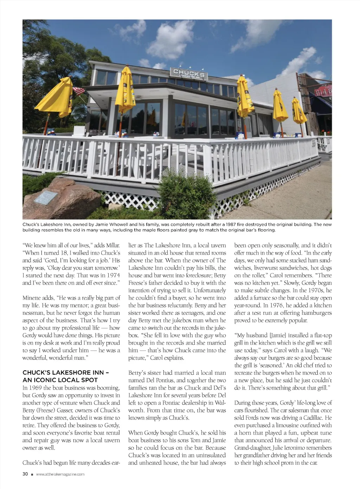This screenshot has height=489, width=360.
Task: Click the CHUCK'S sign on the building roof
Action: point(189,73)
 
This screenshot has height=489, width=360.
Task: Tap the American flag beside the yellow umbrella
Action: point(79,91)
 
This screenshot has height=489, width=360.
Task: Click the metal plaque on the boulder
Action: point(46,197)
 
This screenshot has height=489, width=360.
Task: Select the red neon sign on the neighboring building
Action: point(323,92)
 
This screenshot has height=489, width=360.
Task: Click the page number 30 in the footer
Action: point(25,474)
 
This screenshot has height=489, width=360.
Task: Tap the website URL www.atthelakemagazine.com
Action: point(60,474)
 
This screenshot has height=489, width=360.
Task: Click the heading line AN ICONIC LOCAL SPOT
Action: point(60,380)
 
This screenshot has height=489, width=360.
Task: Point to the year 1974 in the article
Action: point(113,275)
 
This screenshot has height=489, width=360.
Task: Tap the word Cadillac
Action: point(321,418)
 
